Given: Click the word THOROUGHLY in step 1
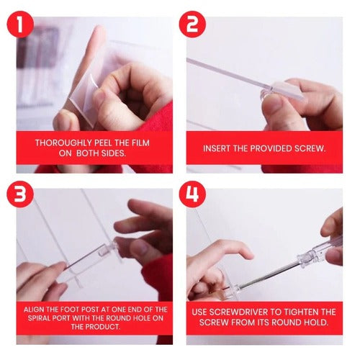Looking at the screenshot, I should (61, 143).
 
